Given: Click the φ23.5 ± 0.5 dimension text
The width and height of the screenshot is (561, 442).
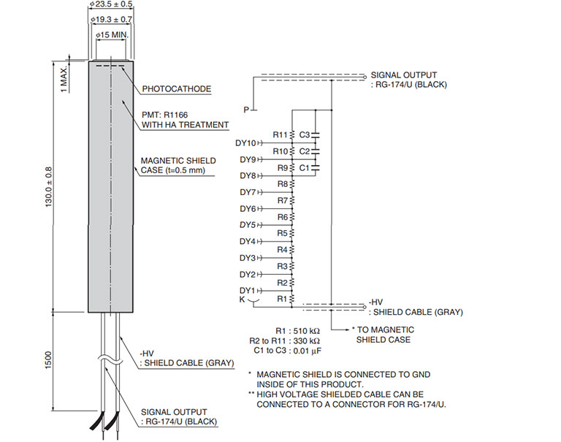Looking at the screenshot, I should (x=111, y=5).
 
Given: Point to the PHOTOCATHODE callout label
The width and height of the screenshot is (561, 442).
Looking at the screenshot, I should (x=177, y=89).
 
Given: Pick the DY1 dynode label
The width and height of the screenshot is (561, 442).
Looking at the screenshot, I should (x=247, y=291).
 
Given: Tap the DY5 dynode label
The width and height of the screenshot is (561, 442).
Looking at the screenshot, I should (x=247, y=225).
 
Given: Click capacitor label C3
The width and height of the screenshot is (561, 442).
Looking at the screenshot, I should (x=305, y=134).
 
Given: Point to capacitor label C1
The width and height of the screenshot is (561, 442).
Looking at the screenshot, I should (x=305, y=167).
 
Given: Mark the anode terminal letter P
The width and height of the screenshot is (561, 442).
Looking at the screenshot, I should (x=247, y=109).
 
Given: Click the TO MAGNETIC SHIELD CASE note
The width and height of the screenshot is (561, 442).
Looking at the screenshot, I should (x=383, y=335).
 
